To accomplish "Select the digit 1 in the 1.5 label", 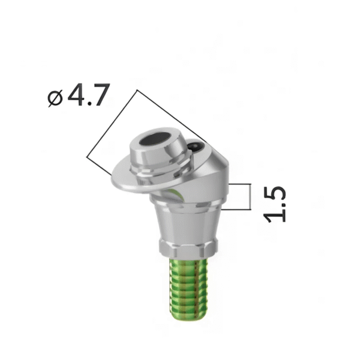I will point(275,215).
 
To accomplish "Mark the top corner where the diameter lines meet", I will point(137,91).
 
